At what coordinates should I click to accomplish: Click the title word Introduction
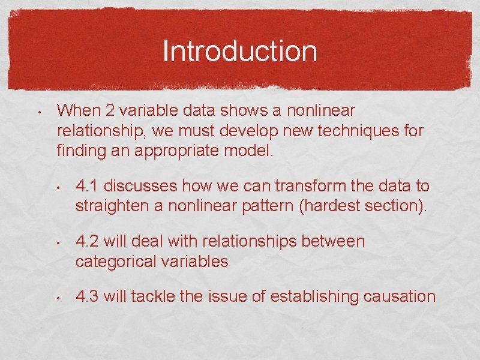pyautogui.click(x=239, y=51)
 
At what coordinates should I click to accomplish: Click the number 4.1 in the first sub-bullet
pyautogui.click(x=88, y=187)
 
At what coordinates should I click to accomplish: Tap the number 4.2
pyautogui.click(x=88, y=241)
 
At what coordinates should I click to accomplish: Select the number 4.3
pyautogui.click(x=88, y=296)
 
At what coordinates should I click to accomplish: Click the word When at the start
pyautogui.click(x=76, y=110)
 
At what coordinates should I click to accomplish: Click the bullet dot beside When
pyautogui.click(x=37, y=112)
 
